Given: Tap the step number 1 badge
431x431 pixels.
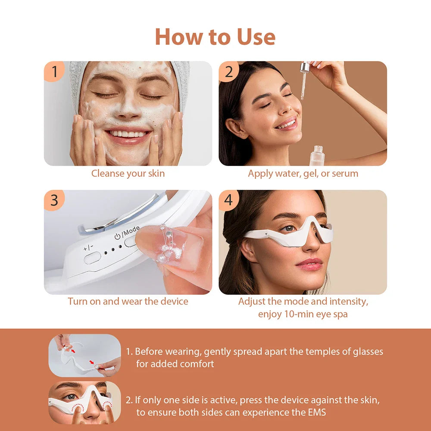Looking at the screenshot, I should [54, 72].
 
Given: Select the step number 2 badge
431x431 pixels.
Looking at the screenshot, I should [229, 72].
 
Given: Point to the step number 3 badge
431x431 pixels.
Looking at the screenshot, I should [54, 200].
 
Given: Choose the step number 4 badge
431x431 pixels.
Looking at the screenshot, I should [229, 200].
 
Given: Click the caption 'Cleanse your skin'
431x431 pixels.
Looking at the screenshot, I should [128, 174].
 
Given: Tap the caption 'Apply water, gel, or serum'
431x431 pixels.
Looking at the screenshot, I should [303, 174].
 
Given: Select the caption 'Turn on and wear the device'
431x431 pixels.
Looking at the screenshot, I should [128, 301].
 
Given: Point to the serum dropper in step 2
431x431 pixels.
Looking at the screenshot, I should [304, 80].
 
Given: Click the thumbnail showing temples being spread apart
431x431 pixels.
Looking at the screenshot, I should [84, 356].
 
